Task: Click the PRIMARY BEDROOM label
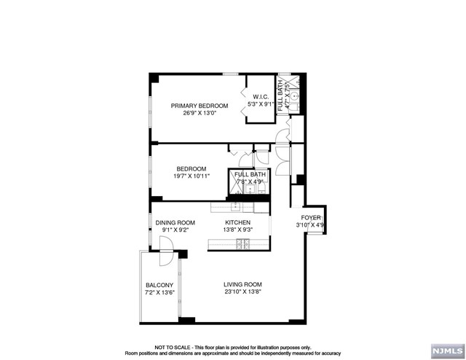(x=200, y=106)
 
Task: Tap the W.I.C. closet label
(x=261, y=97)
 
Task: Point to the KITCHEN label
(x=237, y=222)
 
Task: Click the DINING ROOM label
(x=175, y=222)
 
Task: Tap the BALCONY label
(x=159, y=285)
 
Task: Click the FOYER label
(x=312, y=217)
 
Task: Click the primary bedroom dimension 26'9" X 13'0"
(x=200, y=114)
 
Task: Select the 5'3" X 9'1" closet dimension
(x=261, y=105)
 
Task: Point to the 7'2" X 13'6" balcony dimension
(x=159, y=293)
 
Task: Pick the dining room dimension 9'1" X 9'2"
(x=175, y=230)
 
